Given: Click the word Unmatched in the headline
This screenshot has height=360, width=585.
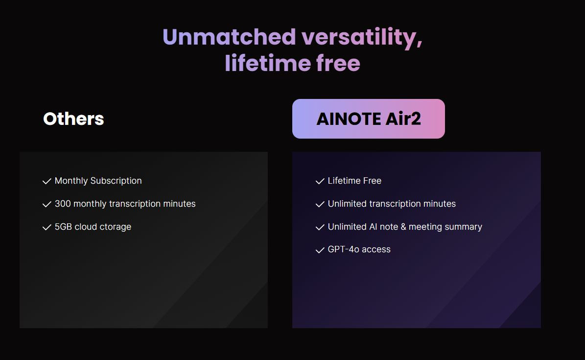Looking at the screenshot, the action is [x=230, y=37].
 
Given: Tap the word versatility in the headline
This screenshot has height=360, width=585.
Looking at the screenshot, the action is [x=362, y=38].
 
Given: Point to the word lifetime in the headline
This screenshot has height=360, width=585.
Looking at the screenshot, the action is [x=267, y=63].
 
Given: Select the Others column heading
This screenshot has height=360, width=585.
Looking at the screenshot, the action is [x=73, y=119].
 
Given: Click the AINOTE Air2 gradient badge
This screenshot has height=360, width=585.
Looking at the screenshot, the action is [x=368, y=119].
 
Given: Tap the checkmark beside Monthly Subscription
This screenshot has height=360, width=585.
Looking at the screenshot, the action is [x=47, y=181].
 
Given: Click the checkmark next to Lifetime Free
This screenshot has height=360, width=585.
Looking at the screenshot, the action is [x=320, y=181].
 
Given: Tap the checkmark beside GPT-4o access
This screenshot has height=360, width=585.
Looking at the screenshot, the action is [x=320, y=250].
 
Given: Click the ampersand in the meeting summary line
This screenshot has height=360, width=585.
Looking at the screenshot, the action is [x=403, y=227].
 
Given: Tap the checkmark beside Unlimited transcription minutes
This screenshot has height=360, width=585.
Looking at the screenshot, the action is [x=320, y=204].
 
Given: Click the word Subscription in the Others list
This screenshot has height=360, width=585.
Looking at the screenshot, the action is [x=116, y=181].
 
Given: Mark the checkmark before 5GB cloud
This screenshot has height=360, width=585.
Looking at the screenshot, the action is [x=47, y=227].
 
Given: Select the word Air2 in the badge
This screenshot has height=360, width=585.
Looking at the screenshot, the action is [x=403, y=119].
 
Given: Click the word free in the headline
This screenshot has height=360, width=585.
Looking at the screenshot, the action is [x=338, y=63].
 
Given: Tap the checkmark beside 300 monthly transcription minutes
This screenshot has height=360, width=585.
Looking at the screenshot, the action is [x=47, y=204].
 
